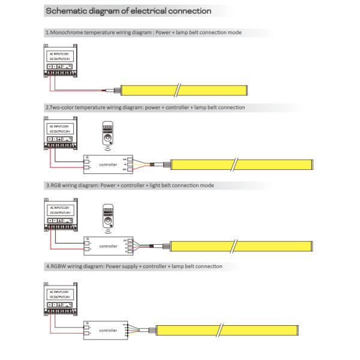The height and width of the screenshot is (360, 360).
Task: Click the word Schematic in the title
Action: click(x=67, y=11)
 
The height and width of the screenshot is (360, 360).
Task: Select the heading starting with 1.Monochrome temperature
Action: click(x=143, y=32)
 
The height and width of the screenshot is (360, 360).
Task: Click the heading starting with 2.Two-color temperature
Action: click(x=145, y=107)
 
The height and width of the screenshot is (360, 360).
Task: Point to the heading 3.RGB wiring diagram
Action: click(x=129, y=185)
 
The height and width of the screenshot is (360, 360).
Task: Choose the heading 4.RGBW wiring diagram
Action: click(x=134, y=266)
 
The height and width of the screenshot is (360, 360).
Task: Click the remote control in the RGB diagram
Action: click(x=108, y=215)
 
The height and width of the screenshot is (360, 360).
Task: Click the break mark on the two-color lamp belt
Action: click(x=236, y=163)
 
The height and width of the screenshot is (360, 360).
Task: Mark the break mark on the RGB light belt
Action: click(x=236, y=245)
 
